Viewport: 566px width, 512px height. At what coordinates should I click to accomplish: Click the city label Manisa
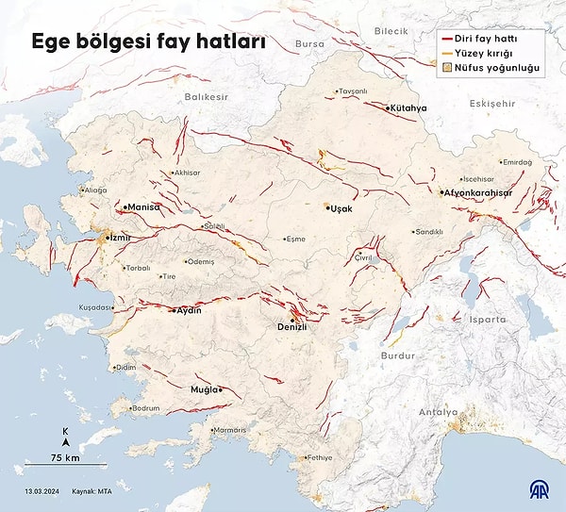click(143, 206)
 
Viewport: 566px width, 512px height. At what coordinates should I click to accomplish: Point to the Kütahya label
click(408, 108)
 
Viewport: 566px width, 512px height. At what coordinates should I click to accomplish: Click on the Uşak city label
click(340, 208)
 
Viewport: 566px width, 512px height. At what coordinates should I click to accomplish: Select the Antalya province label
click(439, 412)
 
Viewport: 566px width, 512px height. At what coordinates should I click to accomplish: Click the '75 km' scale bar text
click(64, 458)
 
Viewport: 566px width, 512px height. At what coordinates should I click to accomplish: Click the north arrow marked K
click(65, 436)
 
